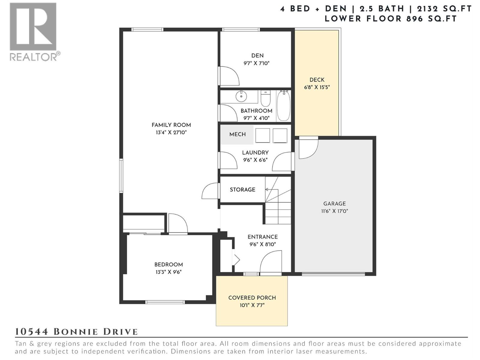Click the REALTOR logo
pos(33,31)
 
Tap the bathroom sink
pos(241,97)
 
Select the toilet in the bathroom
pos(265,98)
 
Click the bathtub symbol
pos(283,106)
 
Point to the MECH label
pos(237,134)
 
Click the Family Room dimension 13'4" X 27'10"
pos(171,132)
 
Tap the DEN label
pos(257,55)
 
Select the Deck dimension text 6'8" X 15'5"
pos(317,87)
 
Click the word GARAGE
pos(334,203)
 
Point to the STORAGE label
pos(242,190)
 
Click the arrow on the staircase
pos(267,190)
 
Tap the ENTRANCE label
pos(262,237)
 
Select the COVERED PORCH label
pos(252,298)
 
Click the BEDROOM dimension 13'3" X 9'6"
pos(168,272)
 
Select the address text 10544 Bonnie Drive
pos(76,332)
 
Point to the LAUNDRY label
pos(255,152)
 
